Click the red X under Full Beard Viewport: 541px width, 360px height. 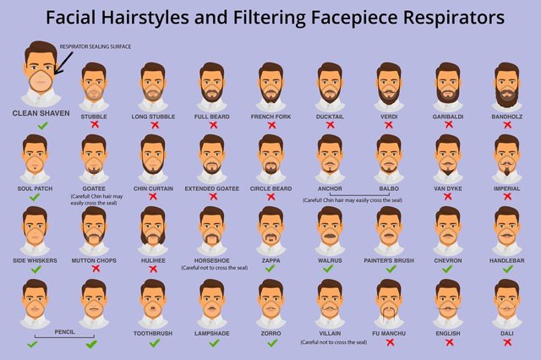212,125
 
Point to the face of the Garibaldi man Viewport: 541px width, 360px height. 447,84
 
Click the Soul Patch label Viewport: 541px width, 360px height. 35,188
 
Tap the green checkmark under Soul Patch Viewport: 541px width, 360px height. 35,197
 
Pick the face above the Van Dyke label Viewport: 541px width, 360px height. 447,155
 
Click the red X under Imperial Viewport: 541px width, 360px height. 506,196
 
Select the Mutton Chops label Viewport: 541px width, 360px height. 94,260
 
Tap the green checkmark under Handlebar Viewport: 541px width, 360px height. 506,269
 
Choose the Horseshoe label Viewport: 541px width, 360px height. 212,260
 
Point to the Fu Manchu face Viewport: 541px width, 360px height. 389,300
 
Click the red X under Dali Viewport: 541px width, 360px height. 506,342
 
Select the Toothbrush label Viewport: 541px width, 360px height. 153,333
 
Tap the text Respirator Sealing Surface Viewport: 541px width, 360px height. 96,46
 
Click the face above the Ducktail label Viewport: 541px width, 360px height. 330,84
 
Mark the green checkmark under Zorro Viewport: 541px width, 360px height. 270,342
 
